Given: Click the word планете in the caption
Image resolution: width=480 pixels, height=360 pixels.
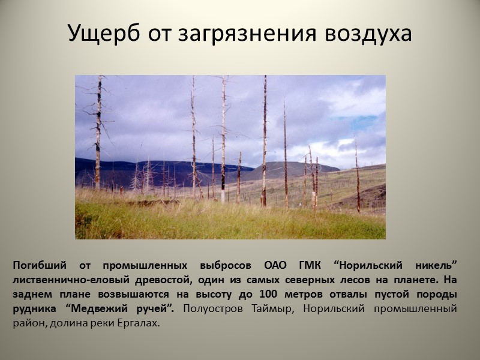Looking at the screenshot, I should coord(409,280).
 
